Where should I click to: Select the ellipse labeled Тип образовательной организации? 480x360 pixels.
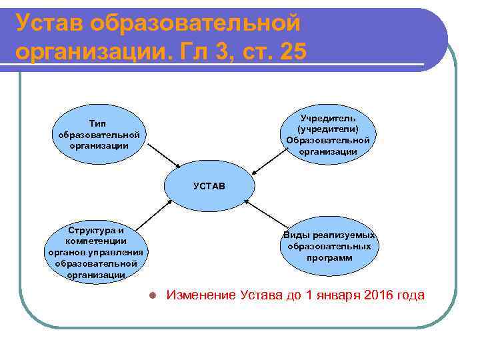click(x=99, y=134)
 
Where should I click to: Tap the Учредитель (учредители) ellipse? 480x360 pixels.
click(x=327, y=134)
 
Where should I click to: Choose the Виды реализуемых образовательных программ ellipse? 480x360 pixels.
click(x=329, y=246)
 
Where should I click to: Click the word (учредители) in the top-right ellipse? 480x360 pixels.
click(x=328, y=129)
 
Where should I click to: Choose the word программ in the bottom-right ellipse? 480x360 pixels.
click(x=329, y=257)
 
